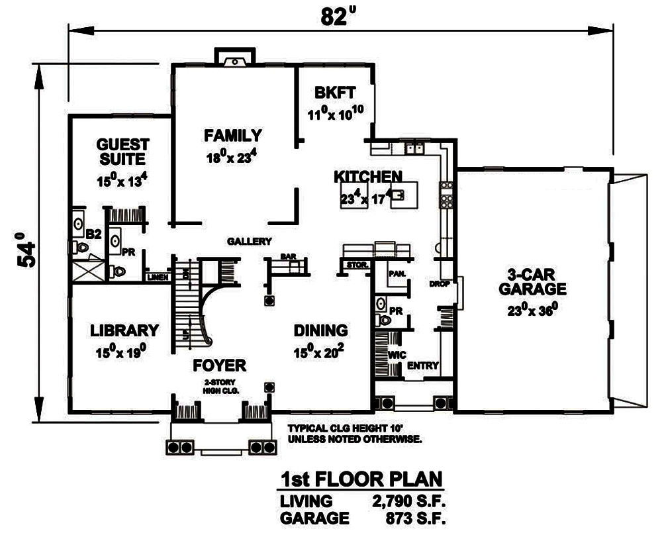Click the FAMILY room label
click(x=232, y=136)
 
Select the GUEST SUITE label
click(x=122, y=152)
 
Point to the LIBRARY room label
click(x=124, y=330)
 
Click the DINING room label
click(x=320, y=330)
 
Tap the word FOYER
click(x=219, y=365)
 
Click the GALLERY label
click(x=250, y=241)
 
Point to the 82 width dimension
click(x=335, y=17)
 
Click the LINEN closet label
click(x=158, y=277)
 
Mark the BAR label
click(x=287, y=256)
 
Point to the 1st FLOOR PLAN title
click(x=361, y=479)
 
